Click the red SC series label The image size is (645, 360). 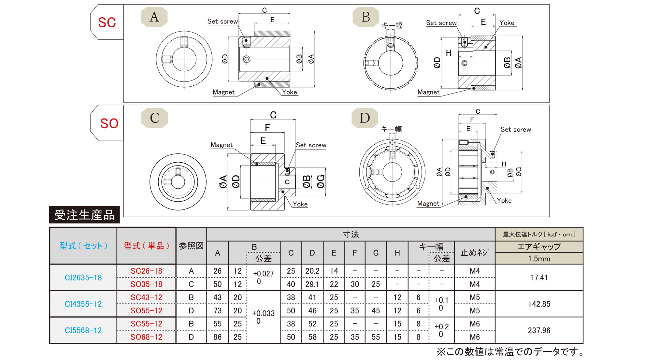(x=107, y=22)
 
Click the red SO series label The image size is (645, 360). (x=109, y=123)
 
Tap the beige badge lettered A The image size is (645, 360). (x=154, y=17)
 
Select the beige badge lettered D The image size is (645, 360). (x=365, y=118)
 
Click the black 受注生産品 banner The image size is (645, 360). (x=84, y=215)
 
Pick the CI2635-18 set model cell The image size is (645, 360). (x=83, y=278)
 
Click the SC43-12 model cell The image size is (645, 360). (x=146, y=297)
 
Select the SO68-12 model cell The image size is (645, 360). (x=146, y=337)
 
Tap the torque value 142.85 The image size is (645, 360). (x=539, y=304)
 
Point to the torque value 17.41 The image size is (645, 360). (x=539, y=278)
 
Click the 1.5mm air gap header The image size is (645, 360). (x=539, y=259)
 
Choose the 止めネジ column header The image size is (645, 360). (x=475, y=252)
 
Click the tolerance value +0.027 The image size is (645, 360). (x=263, y=274)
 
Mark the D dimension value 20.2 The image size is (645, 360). (x=312, y=271)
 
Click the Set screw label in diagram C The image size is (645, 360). (x=311, y=145)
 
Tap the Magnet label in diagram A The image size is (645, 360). (x=223, y=92)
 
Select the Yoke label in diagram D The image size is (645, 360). (x=504, y=201)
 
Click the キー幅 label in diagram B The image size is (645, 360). (x=392, y=25)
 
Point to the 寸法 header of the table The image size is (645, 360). (x=351, y=234)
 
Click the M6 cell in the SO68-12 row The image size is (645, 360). (x=475, y=337)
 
